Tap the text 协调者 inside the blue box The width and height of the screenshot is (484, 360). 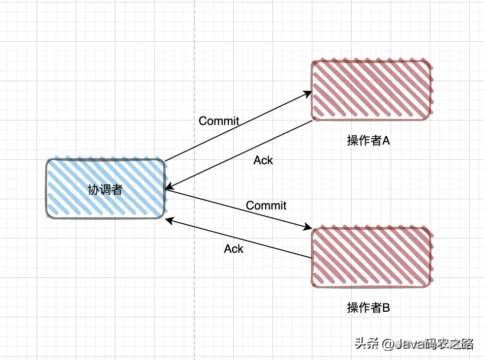(x=105, y=189)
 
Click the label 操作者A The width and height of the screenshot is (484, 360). (x=368, y=141)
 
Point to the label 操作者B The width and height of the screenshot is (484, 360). (x=368, y=308)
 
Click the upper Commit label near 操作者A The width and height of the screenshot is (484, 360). (x=219, y=121)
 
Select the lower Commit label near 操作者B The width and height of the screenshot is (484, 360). (x=266, y=206)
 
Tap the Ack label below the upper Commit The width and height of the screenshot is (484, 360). (x=263, y=160)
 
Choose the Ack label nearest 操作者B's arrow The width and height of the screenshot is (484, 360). (x=234, y=249)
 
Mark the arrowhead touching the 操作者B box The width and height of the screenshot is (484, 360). (x=308, y=227)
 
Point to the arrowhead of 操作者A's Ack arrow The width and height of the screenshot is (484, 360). (x=168, y=187)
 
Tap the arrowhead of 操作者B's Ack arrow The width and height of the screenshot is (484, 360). (x=169, y=221)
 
